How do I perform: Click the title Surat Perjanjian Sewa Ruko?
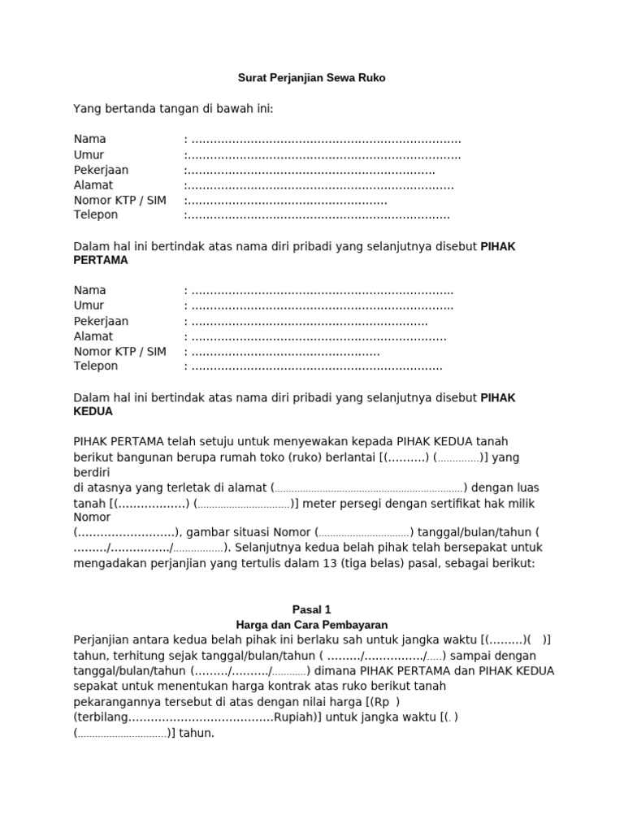[x=311, y=78]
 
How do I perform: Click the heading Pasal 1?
[x=311, y=609]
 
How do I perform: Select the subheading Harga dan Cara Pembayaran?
[x=311, y=625]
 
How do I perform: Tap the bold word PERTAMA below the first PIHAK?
[x=101, y=260]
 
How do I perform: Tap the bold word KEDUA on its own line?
[x=93, y=412]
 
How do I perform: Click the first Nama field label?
[x=89, y=139]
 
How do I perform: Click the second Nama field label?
[x=89, y=290]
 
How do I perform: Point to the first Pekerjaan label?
[x=101, y=170]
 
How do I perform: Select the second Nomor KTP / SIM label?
[x=119, y=351]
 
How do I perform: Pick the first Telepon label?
[x=96, y=214]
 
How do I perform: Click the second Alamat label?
[x=93, y=336]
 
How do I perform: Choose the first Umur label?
[x=89, y=154]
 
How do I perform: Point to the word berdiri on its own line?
[x=92, y=472]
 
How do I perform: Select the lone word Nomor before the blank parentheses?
[x=92, y=518]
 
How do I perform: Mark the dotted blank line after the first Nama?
[x=325, y=140]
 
